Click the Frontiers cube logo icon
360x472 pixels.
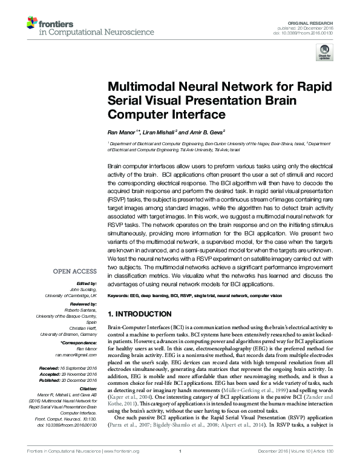pyautogui.click(x=31, y=23)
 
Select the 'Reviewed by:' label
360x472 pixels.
pyautogui.click(x=82, y=305)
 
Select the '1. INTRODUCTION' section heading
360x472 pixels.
pyautogui.click(x=139, y=315)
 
